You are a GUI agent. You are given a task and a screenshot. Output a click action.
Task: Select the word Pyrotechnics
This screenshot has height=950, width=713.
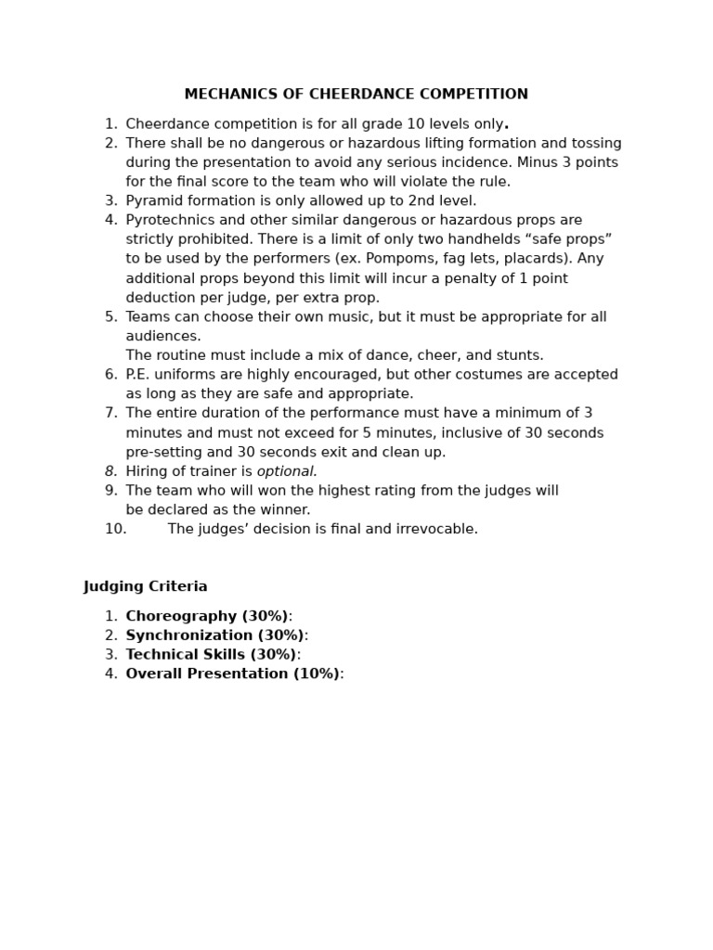click(168, 221)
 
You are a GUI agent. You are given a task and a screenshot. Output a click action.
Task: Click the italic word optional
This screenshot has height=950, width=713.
click(287, 471)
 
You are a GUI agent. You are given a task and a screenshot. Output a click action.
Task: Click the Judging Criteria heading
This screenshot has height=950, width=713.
click(146, 587)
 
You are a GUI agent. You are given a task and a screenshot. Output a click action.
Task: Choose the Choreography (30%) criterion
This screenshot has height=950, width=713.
click(207, 617)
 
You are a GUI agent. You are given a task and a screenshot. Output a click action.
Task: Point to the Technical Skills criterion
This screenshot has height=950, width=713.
click(211, 655)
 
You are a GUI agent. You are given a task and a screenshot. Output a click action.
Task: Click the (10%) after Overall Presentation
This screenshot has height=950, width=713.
click(317, 674)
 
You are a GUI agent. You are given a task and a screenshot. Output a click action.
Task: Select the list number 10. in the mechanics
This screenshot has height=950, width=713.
click(115, 530)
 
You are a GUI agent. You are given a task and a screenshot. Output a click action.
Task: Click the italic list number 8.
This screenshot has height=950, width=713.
click(110, 471)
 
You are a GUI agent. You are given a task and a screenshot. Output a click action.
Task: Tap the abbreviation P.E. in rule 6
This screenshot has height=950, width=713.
click(140, 375)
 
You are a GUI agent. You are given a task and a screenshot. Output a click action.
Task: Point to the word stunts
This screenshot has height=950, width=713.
click(520, 356)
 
